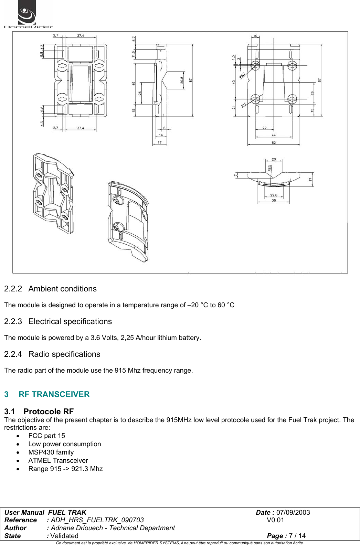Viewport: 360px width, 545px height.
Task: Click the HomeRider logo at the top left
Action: tap(28, 14)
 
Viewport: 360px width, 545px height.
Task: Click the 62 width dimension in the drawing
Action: tap(274, 142)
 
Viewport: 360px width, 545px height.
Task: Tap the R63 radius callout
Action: tap(270, 168)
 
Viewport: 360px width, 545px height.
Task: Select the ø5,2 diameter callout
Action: tap(243, 75)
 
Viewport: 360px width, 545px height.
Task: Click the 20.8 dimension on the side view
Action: tap(182, 80)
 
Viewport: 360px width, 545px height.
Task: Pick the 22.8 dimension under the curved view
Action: tap(274, 195)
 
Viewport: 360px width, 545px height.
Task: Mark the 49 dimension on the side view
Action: tap(134, 84)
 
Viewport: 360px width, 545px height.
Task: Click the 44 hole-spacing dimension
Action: tap(274, 135)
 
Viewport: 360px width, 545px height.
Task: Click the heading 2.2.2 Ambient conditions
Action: tap(50, 289)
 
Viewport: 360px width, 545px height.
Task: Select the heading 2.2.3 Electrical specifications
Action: tap(58, 321)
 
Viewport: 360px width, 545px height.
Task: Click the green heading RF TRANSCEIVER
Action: tap(54, 394)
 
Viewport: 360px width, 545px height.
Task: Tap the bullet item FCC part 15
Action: tap(46, 436)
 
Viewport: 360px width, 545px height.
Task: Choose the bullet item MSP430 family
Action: tap(51, 452)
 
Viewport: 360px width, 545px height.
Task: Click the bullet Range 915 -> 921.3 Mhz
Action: tap(65, 469)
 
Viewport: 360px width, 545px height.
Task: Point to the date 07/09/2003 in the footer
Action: tap(293, 512)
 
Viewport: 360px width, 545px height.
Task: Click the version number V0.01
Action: tap(275, 520)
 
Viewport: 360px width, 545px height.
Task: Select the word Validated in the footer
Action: tap(64, 536)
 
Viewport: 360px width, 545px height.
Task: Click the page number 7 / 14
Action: tap(297, 536)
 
